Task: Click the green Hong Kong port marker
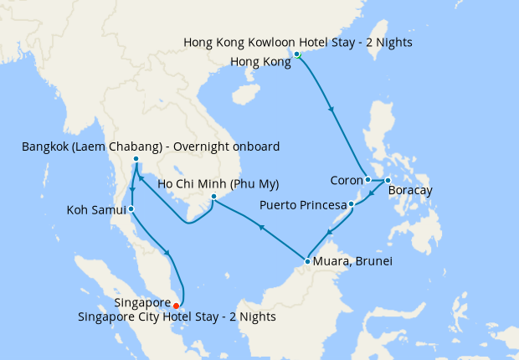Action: coord(297,54)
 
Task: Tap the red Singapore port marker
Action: coord(176,305)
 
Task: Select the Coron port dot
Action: coord(367,179)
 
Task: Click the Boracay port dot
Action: coord(388,180)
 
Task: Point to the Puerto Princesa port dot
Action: coord(352,203)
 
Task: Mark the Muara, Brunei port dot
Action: coord(307,262)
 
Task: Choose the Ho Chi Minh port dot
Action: coord(214,197)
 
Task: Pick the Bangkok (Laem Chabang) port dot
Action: coord(136,159)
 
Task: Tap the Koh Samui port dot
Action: coord(131,208)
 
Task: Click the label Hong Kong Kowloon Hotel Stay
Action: coord(297,42)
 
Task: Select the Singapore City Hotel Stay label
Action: coord(177,317)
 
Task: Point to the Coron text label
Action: coord(345,179)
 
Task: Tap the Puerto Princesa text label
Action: coord(303,203)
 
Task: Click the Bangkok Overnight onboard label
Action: coord(151,147)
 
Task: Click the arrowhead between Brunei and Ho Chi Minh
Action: coord(262,226)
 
